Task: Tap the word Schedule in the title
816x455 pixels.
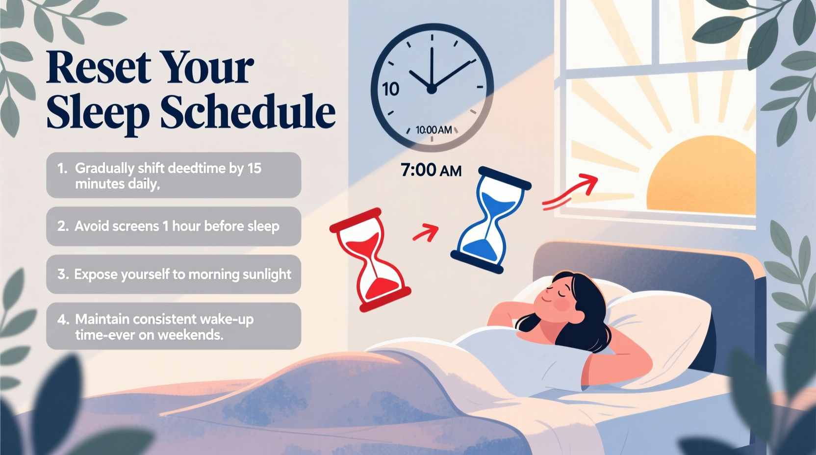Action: [x=248, y=111]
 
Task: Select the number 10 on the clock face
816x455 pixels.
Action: [x=391, y=89]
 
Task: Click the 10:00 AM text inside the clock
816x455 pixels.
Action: [x=433, y=130]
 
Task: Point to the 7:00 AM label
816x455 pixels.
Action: [x=431, y=170]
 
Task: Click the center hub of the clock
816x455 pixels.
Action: [x=432, y=89]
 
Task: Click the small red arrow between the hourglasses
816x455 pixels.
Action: [x=425, y=232]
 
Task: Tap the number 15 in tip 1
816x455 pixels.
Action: [x=254, y=168]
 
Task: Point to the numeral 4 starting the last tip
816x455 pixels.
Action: [x=62, y=319]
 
